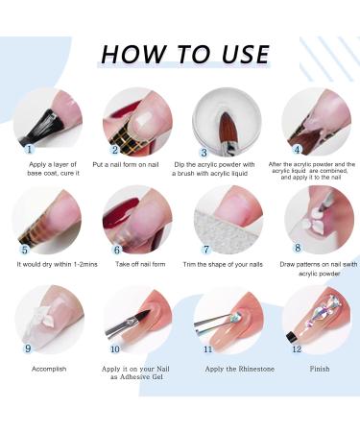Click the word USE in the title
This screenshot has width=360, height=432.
click(x=245, y=54)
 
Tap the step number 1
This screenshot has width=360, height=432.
click(x=30, y=149)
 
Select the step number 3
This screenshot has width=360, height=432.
click(x=204, y=153)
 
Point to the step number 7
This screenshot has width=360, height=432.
click(x=206, y=250)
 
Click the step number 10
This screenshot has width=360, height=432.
click(x=114, y=348)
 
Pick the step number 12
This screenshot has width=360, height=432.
click(x=297, y=348)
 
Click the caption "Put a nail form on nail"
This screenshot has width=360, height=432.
click(x=126, y=165)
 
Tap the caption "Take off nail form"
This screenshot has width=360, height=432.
click(x=140, y=264)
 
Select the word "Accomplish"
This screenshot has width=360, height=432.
click(x=49, y=369)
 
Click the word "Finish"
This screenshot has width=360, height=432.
click(x=320, y=369)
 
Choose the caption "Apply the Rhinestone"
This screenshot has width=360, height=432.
click(x=240, y=369)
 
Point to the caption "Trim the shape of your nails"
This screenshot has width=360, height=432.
click(x=223, y=265)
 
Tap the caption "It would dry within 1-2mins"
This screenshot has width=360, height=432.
click(x=57, y=265)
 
